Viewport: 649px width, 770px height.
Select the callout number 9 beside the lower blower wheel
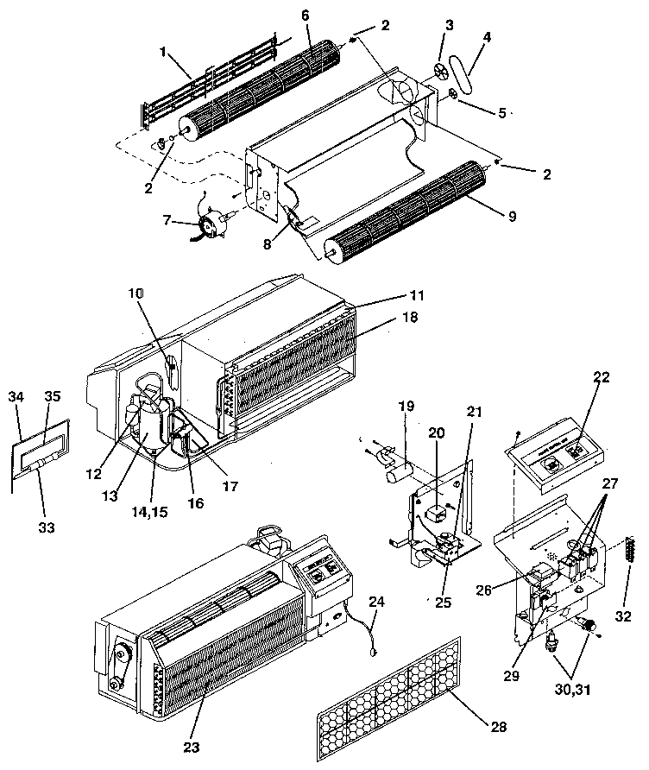click(x=512, y=215)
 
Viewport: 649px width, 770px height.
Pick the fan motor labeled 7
click(x=210, y=226)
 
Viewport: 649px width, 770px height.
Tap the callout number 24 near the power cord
click(x=376, y=601)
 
